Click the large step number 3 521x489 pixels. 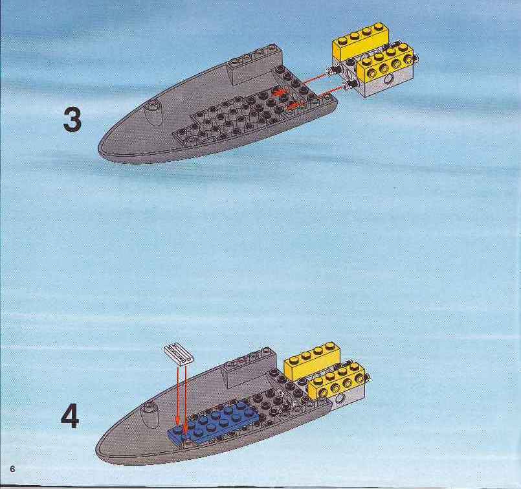point(72,120)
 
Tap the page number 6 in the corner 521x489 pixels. point(13,469)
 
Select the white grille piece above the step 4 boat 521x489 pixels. point(179,354)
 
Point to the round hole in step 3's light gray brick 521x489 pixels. point(388,81)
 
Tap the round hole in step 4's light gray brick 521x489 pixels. point(340,399)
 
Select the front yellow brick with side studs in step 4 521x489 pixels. point(337,381)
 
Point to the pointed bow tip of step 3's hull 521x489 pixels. point(99,150)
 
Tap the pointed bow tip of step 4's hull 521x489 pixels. point(96,449)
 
